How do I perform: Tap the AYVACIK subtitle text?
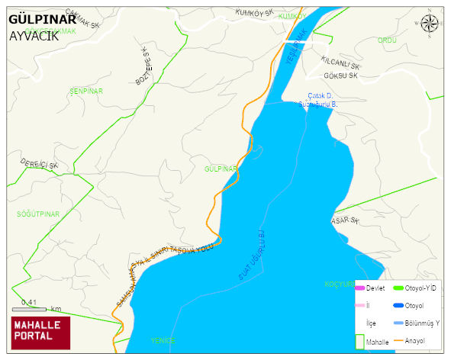coord(34,35)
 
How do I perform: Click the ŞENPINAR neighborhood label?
coord(85,91)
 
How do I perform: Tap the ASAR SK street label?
coord(344,220)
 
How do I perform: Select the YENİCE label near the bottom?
coord(163,340)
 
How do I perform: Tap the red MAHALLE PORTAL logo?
coord(40,331)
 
